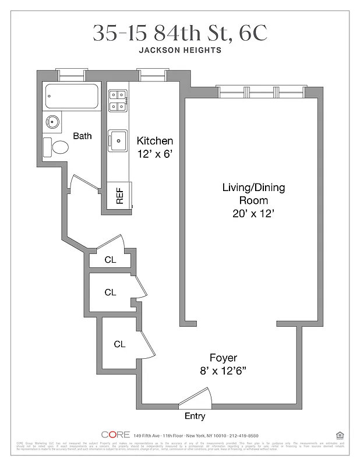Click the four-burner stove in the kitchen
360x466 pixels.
click(117, 100)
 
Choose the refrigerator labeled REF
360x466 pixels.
click(120, 195)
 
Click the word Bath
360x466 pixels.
click(82, 136)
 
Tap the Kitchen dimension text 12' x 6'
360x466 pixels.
click(155, 154)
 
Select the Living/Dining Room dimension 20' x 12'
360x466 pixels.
click(252, 214)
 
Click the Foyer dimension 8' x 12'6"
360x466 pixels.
click(224, 370)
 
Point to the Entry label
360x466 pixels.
click(195, 416)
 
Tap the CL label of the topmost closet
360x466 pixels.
click(110, 260)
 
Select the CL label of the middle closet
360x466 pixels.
click(110, 292)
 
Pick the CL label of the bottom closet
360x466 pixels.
click(119, 344)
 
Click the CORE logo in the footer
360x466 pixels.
click(115, 435)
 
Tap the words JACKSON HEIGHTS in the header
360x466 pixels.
click(180, 50)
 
